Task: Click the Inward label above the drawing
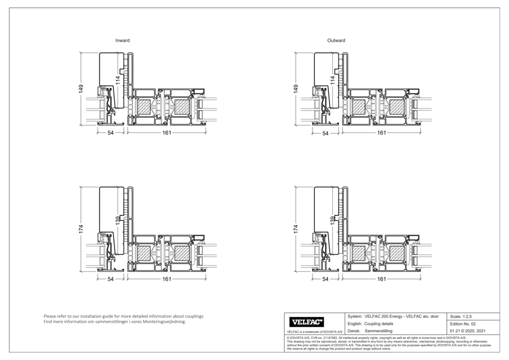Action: click(122, 40)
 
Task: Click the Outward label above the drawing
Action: click(336, 40)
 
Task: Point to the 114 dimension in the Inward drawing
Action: click(118, 80)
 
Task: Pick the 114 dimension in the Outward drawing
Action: click(332, 80)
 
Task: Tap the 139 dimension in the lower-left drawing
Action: click(118, 219)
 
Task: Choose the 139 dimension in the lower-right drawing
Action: click(332, 219)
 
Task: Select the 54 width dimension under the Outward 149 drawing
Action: click(326, 133)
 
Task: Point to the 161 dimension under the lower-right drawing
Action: click(382, 279)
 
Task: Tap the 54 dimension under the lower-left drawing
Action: click(111, 279)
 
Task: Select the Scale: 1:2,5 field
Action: click(461, 316)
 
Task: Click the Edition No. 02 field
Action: click(463, 324)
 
